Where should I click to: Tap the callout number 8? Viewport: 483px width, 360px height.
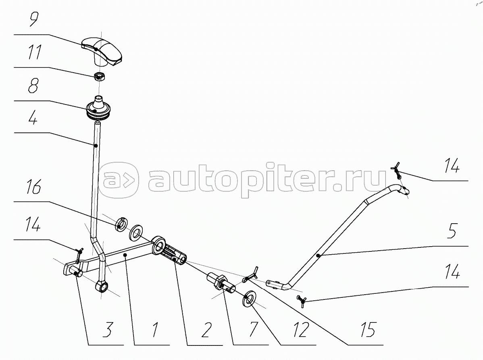click(33, 85)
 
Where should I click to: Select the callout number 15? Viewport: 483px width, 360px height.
click(368, 329)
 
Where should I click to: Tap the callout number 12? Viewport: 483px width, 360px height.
click(301, 329)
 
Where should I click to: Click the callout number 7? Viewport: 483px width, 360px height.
click(253, 329)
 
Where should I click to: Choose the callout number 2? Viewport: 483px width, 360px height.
click(206, 329)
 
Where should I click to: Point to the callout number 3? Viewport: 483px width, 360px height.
click(108, 329)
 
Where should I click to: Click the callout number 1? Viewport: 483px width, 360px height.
click(155, 329)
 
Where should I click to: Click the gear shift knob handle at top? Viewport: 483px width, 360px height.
click(102, 51)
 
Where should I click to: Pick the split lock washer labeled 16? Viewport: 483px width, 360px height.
click(121, 225)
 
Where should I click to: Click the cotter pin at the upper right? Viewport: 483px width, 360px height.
click(396, 170)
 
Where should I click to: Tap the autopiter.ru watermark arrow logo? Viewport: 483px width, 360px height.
click(118, 180)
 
